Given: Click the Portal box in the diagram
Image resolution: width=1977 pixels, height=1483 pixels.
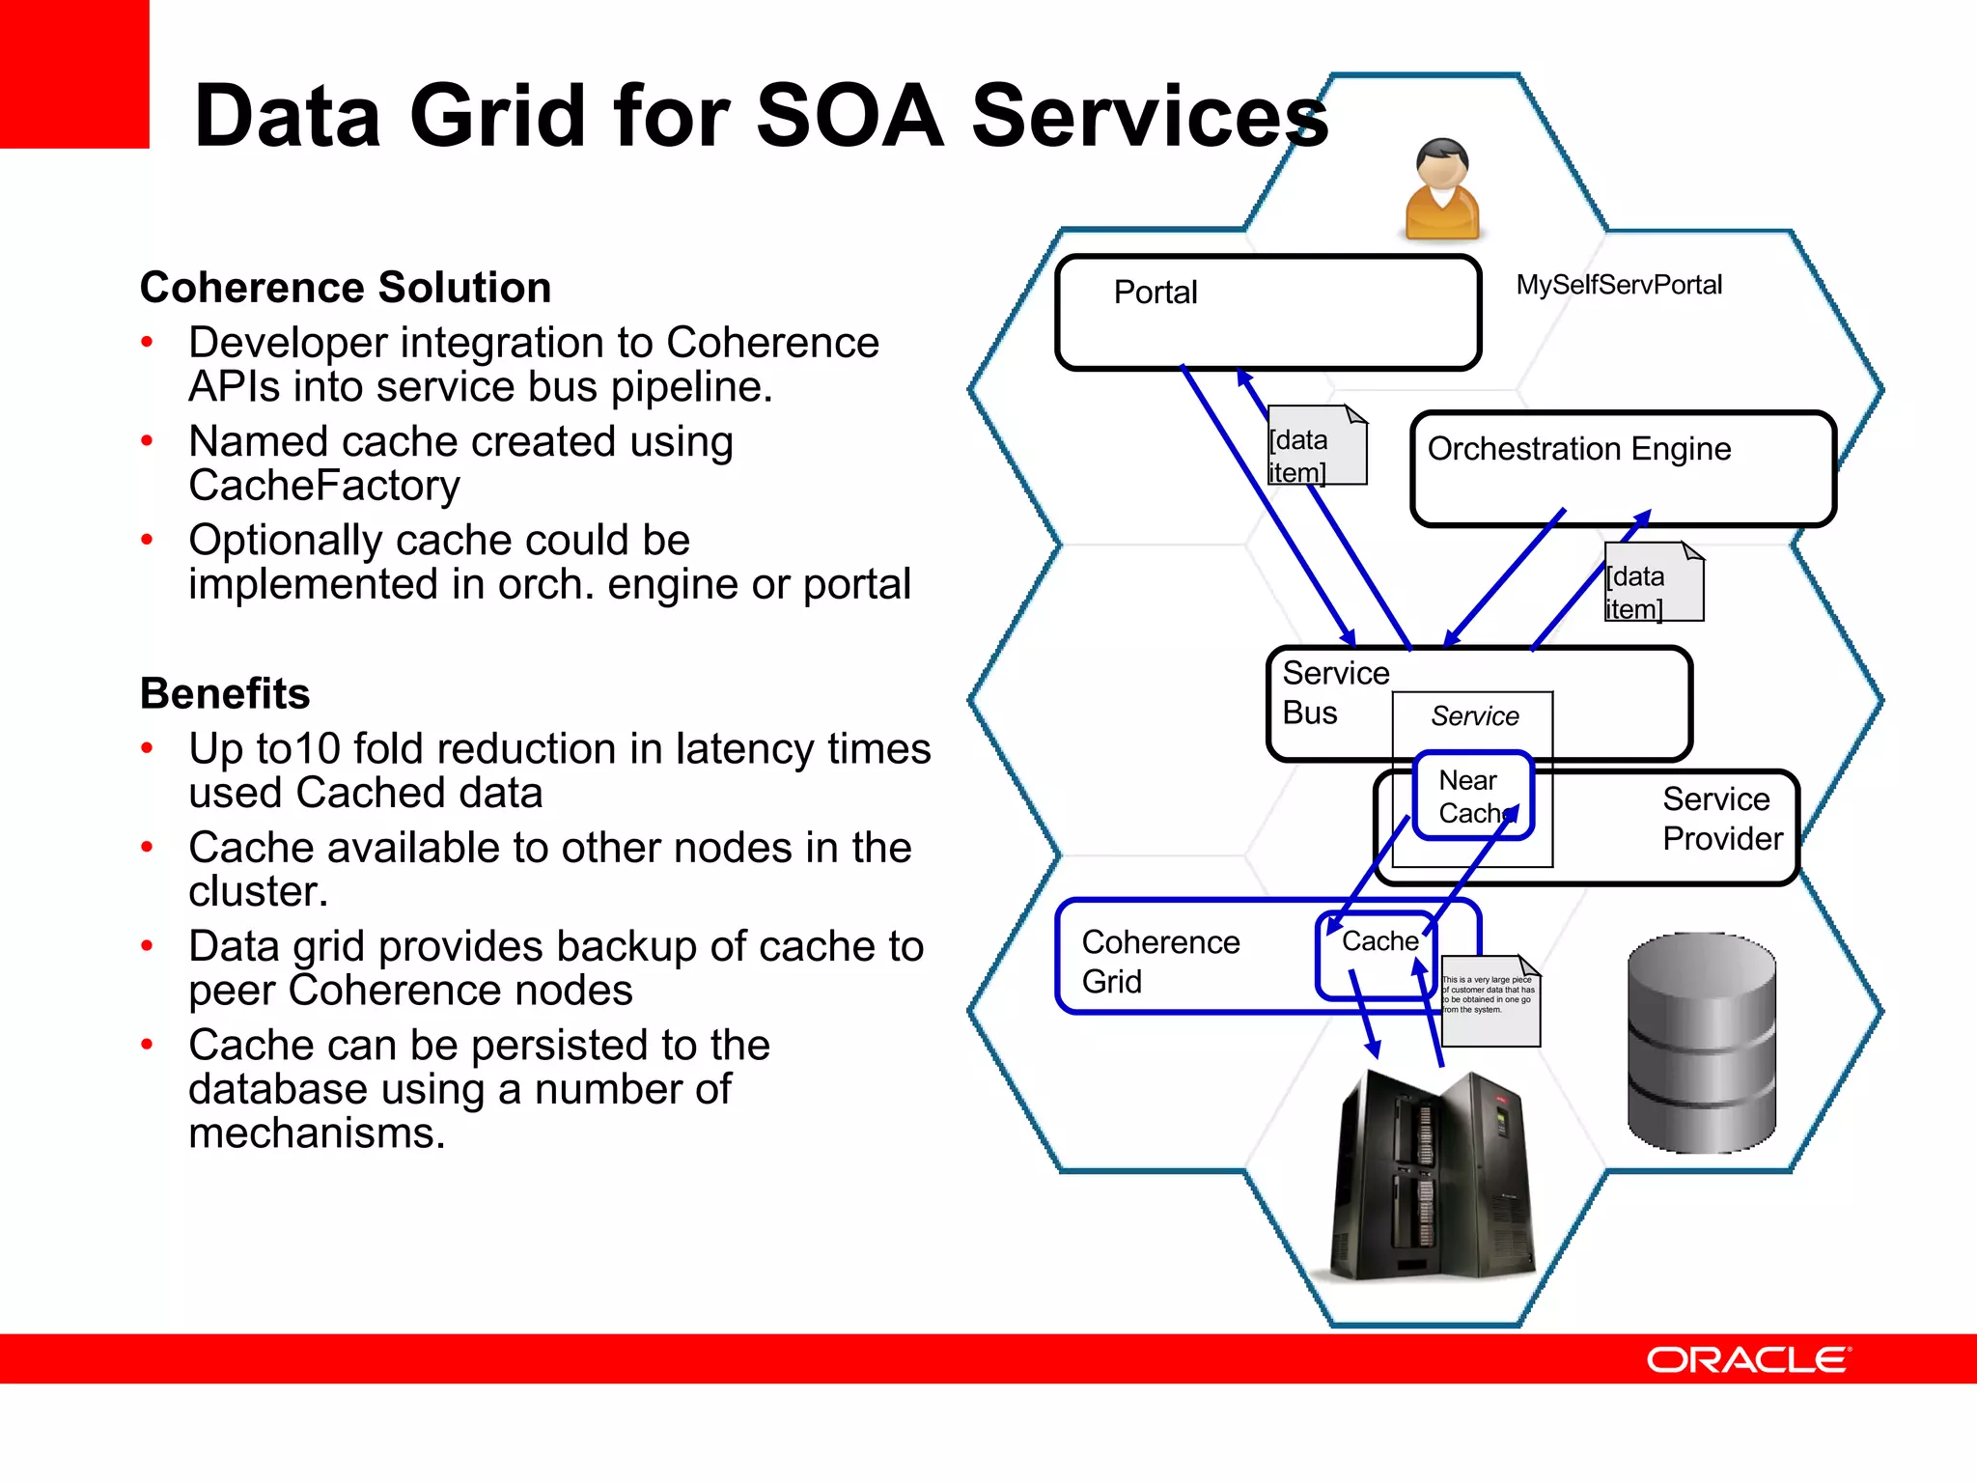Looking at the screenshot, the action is point(1267,313).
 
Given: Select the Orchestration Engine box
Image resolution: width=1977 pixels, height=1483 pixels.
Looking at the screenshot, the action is point(1622,469).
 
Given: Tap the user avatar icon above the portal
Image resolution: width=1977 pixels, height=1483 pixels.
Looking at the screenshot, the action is point(1442,190).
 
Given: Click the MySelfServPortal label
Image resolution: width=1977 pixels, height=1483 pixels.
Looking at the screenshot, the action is point(1619,285).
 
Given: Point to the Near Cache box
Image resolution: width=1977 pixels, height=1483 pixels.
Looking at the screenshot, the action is point(1472,796).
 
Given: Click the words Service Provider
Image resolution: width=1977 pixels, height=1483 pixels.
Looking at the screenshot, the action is point(1721,819).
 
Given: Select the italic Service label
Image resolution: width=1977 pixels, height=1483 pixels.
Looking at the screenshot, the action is point(1474,716).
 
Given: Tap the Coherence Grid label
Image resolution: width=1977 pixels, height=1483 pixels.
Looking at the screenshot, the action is point(1160,962).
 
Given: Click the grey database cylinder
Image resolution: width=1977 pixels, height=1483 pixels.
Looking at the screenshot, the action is point(1701,1043).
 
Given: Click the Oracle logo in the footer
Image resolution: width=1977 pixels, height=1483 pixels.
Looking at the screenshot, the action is point(1748,1359).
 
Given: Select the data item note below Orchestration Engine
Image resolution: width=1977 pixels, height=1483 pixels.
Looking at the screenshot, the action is point(1654,582).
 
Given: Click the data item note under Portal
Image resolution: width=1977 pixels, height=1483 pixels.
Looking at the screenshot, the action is point(1317,445).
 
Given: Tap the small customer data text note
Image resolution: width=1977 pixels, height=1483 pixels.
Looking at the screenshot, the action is point(1490,1000).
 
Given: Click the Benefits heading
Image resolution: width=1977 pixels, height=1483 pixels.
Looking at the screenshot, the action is point(225,693).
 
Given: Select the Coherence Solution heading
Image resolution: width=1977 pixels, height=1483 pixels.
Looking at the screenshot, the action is point(346,288).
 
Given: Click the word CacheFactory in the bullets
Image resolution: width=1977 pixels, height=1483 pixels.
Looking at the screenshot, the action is point(324,485).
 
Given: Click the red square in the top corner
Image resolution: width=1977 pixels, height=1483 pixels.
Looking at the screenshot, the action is point(74,73).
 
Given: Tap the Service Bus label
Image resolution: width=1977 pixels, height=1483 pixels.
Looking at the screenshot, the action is point(1335,692).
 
